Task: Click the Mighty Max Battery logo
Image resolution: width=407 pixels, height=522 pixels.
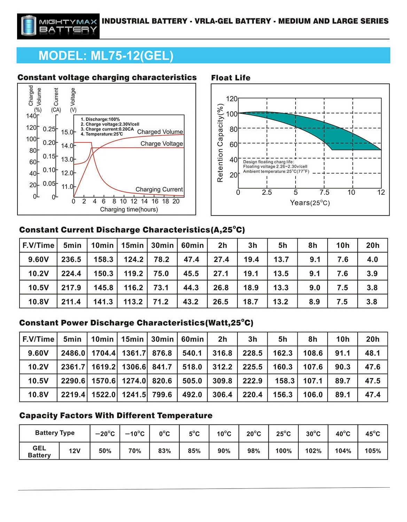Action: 58,26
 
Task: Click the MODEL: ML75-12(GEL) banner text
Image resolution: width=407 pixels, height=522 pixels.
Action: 106,56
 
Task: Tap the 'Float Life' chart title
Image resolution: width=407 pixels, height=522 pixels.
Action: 230,78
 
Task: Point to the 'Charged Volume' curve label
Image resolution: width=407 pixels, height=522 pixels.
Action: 160,132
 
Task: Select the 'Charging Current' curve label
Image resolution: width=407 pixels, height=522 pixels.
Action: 159,189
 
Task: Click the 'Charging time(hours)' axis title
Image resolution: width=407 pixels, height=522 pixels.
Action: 129,209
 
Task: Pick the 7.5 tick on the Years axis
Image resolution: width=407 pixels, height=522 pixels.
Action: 324,192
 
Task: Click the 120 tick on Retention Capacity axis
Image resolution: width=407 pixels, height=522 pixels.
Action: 232,99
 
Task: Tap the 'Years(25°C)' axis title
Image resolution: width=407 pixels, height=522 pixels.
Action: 310,203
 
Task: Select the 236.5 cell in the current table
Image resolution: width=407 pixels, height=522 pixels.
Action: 71,260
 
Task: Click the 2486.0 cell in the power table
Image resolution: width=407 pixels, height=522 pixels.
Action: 73,353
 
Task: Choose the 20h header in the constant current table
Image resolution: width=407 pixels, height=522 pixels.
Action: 373,245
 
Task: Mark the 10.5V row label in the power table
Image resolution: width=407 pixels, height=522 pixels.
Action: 38,381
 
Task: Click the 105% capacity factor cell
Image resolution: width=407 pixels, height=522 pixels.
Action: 373,451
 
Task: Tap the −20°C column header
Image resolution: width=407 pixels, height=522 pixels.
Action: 105,434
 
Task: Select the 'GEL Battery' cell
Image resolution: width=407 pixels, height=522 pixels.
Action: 39,451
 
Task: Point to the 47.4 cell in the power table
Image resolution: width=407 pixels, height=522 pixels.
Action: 373,395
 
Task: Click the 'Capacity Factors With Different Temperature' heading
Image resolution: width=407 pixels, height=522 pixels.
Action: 116,416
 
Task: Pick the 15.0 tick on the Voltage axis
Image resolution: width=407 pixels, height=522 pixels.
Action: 67,132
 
